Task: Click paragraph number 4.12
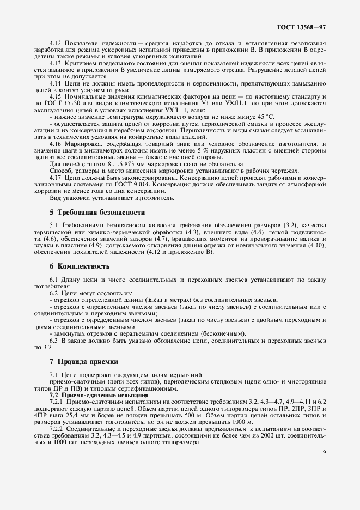pos(56,43)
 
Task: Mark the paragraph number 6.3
pos(54,340)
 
